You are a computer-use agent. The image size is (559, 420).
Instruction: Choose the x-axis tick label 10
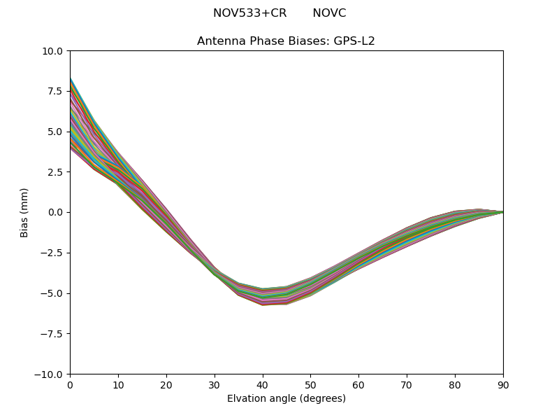pyautogui.click(x=118, y=385)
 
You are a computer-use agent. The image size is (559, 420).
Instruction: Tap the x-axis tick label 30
pyautogui.click(x=215, y=385)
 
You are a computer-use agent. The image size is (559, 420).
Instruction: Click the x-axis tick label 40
pyautogui.click(x=262, y=385)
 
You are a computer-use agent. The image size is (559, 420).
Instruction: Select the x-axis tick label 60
pyautogui.click(x=358, y=385)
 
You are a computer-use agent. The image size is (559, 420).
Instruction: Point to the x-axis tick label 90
pyautogui.click(x=503, y=385)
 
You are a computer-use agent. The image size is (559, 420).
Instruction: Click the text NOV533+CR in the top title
pyautogui.click(x=249, y=13)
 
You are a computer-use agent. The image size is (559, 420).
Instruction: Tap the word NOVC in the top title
pyautogui.click(x=329, y=13)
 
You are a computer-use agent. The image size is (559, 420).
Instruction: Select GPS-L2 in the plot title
pyautogui.click(x=354, y=41)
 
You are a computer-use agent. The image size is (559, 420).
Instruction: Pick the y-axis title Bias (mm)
pyautogui.click(x=24, y=212)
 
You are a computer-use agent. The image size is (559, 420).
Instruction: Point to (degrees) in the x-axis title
pyautogui.click(x=321, y=399)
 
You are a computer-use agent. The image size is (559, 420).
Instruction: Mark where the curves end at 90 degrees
pyautogui.click(x=502, y=211)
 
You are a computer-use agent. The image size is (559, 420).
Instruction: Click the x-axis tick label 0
pyautogui.click(x=70, y=385)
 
